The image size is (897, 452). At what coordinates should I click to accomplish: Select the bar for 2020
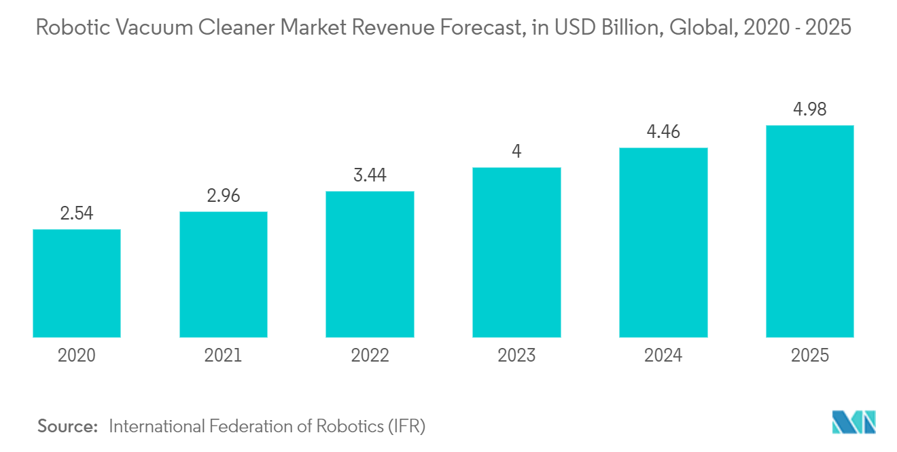pos(77,283)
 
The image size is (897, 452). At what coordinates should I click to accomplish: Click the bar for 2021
pos(224,274)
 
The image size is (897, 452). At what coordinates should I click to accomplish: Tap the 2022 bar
pos(370,264)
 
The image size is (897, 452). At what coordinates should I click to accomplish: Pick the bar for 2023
pos(516,252)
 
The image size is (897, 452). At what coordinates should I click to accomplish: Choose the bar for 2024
pos(663,242)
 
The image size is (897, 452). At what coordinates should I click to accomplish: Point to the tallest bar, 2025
pos(809,231)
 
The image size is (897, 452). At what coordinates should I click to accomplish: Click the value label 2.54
pos(77,214)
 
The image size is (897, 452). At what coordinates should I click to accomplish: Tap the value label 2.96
pos(224,196)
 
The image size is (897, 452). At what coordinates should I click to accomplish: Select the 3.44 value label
pos(370,176)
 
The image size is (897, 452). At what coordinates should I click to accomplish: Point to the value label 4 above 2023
pos(516,152)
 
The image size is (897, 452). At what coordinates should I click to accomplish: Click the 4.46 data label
pos(663,133)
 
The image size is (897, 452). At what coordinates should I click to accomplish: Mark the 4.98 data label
pos(809,109)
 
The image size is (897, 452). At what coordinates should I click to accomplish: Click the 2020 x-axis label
pos(77,355)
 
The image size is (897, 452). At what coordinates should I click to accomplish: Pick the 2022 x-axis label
pos(370,355)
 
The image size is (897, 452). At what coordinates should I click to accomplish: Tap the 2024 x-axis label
pos(663,355)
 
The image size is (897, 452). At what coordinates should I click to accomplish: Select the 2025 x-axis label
pos(809,355)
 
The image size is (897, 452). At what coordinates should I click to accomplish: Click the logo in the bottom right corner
pos(854,422)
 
